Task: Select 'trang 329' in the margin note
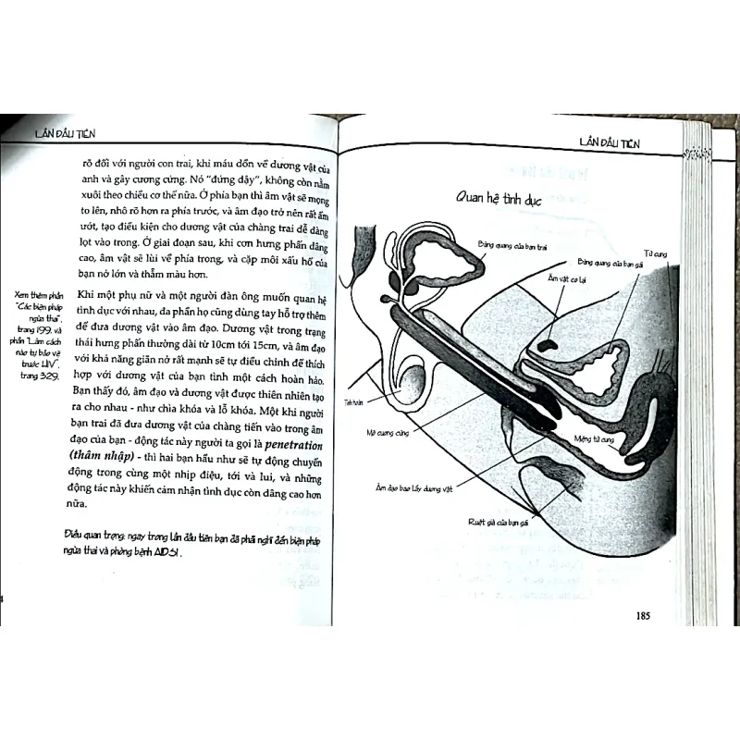click(41, 376)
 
